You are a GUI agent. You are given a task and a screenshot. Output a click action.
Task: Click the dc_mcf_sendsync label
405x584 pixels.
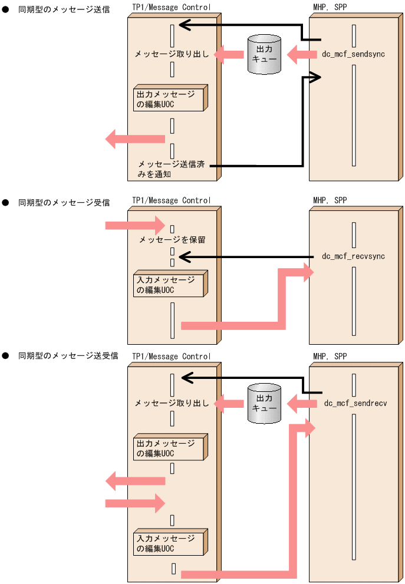click(x=353, y=54)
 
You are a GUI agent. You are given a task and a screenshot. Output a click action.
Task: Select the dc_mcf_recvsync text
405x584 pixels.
click(x=353, y=256)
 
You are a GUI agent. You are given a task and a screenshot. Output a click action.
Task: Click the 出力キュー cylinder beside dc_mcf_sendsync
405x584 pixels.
click(x=264, y=54)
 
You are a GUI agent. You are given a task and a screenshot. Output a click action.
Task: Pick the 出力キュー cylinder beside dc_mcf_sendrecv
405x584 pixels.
click(x=264, y=404)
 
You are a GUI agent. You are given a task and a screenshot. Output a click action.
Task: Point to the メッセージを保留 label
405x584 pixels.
click(x=172, y=240)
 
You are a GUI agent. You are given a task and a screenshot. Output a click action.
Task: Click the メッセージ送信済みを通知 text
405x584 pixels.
click(x=171, y=169)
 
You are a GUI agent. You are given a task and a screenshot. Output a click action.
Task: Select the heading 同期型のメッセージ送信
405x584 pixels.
click(x=64, y=9)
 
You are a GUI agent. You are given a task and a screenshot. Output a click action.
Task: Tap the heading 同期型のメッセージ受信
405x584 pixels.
click(x=64, y=203)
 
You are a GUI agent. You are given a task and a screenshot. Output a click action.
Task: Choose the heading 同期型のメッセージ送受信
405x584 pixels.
click(x=68, y=356)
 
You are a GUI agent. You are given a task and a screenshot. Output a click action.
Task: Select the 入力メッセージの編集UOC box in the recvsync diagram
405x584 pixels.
click(x=169, y=285)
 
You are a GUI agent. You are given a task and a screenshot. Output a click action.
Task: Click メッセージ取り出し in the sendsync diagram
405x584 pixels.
click(x=172, y=54)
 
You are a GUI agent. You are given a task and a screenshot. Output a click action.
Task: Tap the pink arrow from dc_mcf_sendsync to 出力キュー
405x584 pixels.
click(x=302, y=55)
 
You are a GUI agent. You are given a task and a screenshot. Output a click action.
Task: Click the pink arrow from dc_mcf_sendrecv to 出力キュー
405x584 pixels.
click(x=302, y=404)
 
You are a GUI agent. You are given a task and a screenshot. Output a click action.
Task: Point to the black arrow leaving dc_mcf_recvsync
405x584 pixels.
click(x=248, y=257)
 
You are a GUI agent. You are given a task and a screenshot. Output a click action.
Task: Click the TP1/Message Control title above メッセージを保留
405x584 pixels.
click(x=171, y=200)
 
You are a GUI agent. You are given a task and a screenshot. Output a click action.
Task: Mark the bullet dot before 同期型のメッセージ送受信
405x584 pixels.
click(x=5, y=356)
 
